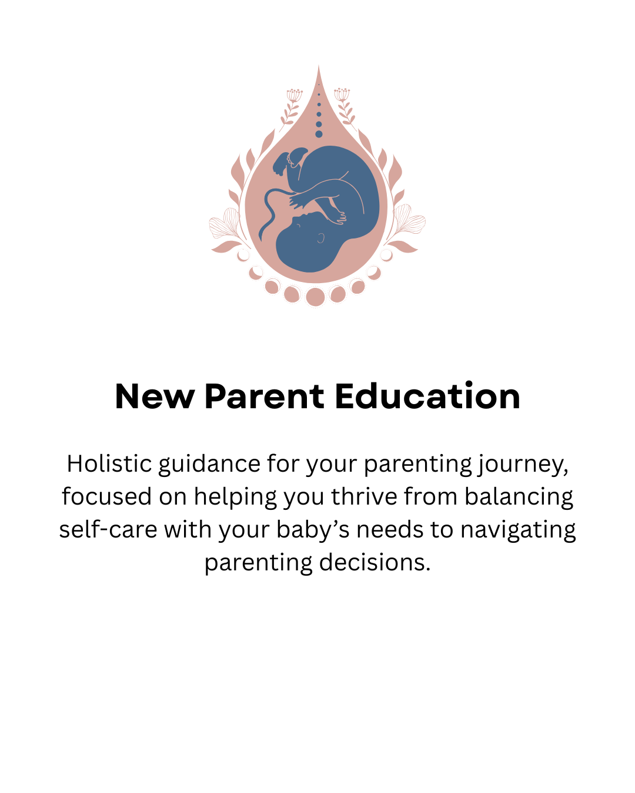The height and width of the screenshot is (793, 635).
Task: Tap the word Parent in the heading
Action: [264, 396]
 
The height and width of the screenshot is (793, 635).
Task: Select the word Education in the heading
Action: [427, 396]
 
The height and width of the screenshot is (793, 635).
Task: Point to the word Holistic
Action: [109, 464]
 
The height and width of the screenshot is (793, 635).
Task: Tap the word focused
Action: [106, 497]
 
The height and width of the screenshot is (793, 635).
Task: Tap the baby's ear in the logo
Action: [321, 238]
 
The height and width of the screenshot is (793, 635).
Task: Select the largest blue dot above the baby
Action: [319, 134]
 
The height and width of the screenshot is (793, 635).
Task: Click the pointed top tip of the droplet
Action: [319, 68]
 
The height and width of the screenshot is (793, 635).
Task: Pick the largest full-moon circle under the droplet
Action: [316, 297]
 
